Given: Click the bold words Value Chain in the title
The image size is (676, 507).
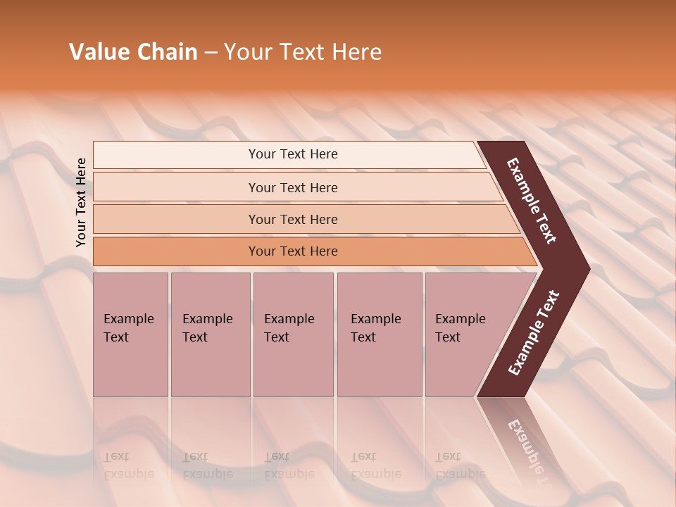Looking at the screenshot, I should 133,52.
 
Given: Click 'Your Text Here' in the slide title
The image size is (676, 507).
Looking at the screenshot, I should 303,52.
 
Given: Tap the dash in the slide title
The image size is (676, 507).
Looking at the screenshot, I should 211,53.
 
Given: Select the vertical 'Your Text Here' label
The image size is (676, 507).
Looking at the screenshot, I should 81,202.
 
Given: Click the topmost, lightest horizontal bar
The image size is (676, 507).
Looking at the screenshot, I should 292,154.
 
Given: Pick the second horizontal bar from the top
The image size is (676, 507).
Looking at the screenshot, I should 292,187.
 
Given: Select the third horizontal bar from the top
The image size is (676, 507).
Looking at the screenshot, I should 292,219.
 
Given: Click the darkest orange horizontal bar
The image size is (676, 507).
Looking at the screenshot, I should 292,251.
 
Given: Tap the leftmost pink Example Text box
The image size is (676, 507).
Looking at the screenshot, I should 130,334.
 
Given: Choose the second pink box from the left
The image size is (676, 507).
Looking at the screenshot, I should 210,334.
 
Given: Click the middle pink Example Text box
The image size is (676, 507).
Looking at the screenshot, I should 293,334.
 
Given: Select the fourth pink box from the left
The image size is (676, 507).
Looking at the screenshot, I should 379,334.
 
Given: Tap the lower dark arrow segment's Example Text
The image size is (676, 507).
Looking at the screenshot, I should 534,333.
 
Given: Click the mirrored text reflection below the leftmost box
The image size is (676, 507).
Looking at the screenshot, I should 128,465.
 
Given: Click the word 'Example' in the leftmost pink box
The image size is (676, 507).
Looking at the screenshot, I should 128,319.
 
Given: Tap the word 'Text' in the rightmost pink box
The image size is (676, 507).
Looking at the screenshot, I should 448,337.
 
